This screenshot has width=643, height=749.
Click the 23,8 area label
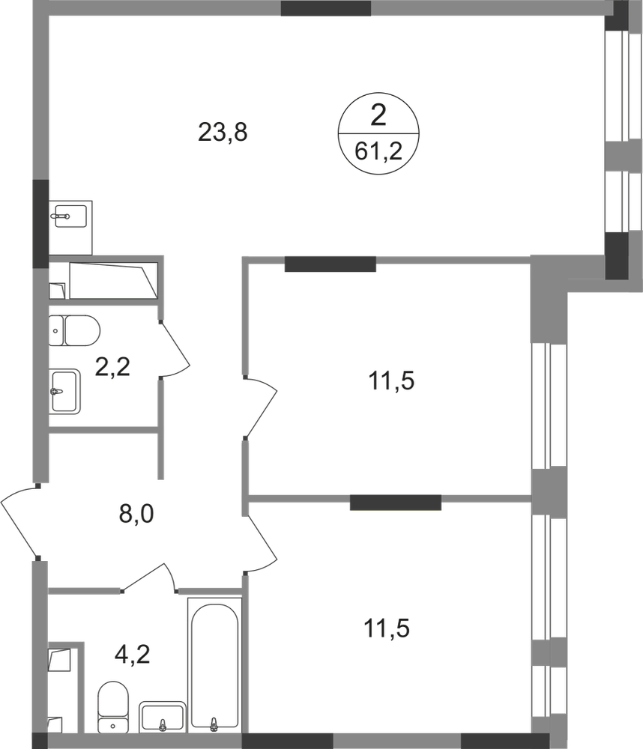(223, 133)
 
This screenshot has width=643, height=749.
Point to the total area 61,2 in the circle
(379, 153)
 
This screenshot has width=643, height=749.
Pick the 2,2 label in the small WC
(114, 366)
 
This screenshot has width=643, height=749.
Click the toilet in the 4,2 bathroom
(112, 704)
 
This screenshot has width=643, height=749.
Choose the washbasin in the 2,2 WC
(66, 389)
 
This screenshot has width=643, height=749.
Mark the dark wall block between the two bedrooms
(394, 502)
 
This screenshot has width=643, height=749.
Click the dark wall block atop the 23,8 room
(326, 9)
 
